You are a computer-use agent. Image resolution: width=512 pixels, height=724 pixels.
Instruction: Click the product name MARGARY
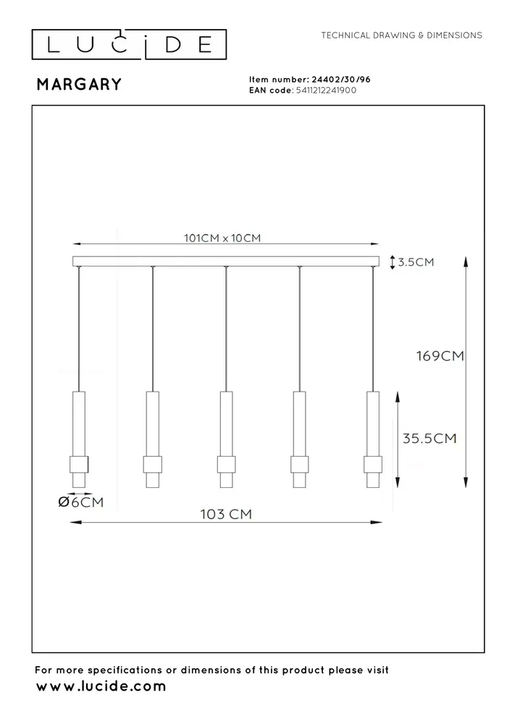79,85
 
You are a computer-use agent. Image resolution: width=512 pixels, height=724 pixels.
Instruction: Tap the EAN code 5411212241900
325,90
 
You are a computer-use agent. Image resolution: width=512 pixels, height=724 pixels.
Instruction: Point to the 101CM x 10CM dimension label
222,238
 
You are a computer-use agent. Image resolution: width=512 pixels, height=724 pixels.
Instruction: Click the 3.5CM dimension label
416,262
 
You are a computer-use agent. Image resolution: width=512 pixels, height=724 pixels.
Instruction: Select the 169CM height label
439,356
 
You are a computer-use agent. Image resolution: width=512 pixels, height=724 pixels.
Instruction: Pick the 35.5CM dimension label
430,438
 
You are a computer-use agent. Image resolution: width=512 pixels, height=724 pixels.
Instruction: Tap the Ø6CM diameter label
82,502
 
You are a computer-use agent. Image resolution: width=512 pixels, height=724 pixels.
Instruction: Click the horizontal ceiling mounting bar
225,261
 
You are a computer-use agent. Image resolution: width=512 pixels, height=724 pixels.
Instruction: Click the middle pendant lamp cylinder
226,438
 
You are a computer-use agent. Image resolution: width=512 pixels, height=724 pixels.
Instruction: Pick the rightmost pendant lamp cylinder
373,438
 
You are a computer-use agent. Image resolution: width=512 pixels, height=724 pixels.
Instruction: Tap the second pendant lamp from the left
152,438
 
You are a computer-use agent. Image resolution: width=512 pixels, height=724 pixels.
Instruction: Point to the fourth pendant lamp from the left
300,438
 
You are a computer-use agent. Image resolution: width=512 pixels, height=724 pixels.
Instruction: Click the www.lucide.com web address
101,686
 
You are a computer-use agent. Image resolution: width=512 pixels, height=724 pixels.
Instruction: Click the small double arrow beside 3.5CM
392,262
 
